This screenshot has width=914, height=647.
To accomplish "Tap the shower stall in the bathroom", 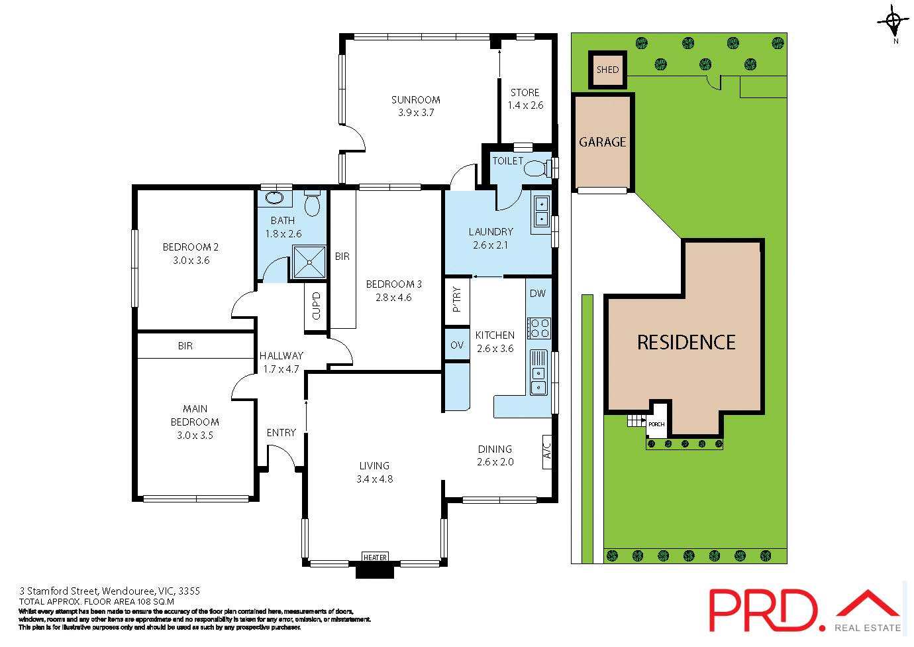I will coord(309,262).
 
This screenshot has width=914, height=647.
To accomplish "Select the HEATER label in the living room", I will coord(375,558).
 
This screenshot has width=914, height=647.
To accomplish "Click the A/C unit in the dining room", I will coord(547,451).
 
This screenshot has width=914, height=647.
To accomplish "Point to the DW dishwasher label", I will coord(538,294).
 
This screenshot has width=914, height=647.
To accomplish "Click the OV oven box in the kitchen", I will coord(457,345).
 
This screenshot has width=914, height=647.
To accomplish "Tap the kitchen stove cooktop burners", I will coord(538,328).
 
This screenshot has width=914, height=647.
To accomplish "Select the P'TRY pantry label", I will coord(456,299).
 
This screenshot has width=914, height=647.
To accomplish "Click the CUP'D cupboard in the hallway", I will coord(316,306).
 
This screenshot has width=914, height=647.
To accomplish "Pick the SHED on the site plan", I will coord(607,70).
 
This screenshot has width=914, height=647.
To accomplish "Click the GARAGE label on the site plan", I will coord(602,142).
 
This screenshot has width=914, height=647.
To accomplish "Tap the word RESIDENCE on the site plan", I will coord(686,343).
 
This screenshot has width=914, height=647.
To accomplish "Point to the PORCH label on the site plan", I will coord(656,424).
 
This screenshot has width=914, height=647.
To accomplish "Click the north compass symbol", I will coord(895,23).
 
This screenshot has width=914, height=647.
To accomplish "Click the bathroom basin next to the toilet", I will coord(274,198).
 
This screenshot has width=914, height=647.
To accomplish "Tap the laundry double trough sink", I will coord(541,211).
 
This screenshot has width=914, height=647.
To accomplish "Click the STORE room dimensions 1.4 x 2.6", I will coord(525,105).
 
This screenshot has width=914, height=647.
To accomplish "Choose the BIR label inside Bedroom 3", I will coord(342,257).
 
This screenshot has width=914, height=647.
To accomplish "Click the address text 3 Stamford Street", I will coord(109,591).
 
